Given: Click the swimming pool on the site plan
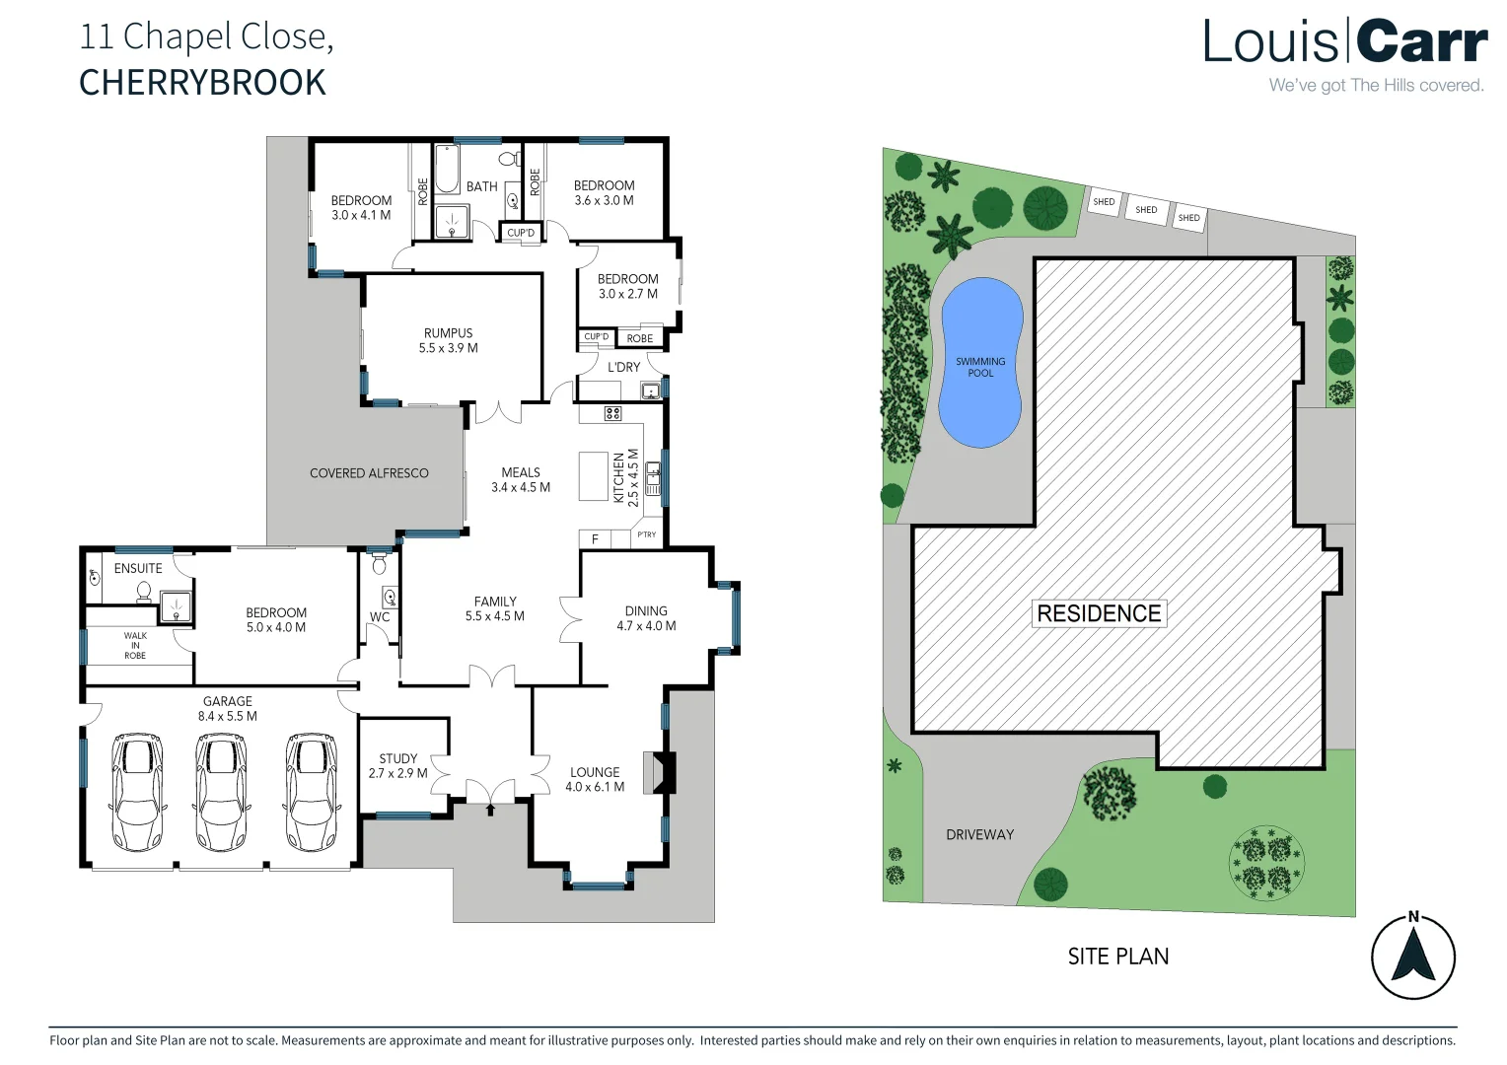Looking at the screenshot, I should click(x=980, y=363).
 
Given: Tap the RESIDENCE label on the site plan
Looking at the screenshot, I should click(x=1099, y=613).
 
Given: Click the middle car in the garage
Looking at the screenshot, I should click(x=220, y=793).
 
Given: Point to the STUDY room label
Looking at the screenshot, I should click(x=398, y=766).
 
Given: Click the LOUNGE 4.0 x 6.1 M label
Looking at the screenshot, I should click(x=595, y=779).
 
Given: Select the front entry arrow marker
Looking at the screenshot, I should click(x=491, y=810).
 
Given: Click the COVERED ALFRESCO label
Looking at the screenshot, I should click(x=369, y=473).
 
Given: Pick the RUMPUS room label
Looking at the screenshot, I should click(x=449, y=340).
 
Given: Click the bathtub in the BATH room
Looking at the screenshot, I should click(x=447, y=169).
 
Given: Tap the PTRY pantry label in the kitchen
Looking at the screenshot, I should click(x=647, y=535).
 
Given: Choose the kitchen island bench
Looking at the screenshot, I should click(x=593, y=475).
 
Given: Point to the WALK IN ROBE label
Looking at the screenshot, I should click(x=135, y=646).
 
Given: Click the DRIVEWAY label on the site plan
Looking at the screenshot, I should click(x=979, y=834).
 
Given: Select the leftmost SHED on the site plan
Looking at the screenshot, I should click(x=1104, y=201).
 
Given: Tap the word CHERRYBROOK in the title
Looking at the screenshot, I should click(x=202, y=83).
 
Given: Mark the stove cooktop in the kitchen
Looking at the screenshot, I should click(x=612, y=413).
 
